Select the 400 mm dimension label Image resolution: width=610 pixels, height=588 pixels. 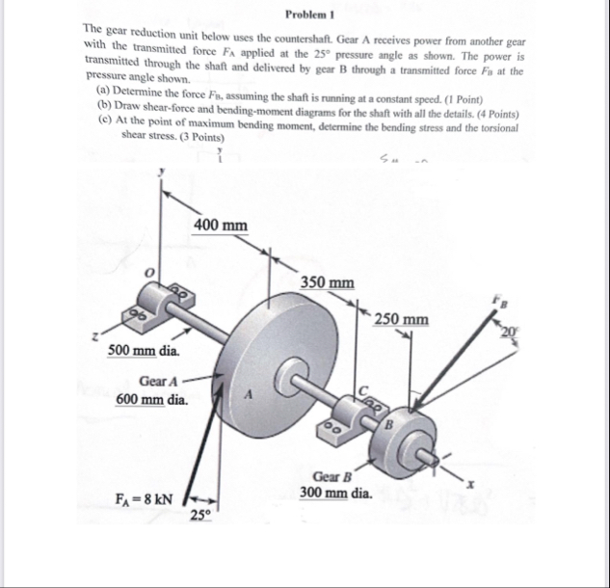tap(220, 226)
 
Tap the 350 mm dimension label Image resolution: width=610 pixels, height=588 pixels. tap(326, 282)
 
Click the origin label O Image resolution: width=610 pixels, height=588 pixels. tap(150, 274)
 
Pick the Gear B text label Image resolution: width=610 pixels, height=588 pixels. tap(333, 476)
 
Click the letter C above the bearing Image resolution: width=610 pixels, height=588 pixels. tap(365, 389)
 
